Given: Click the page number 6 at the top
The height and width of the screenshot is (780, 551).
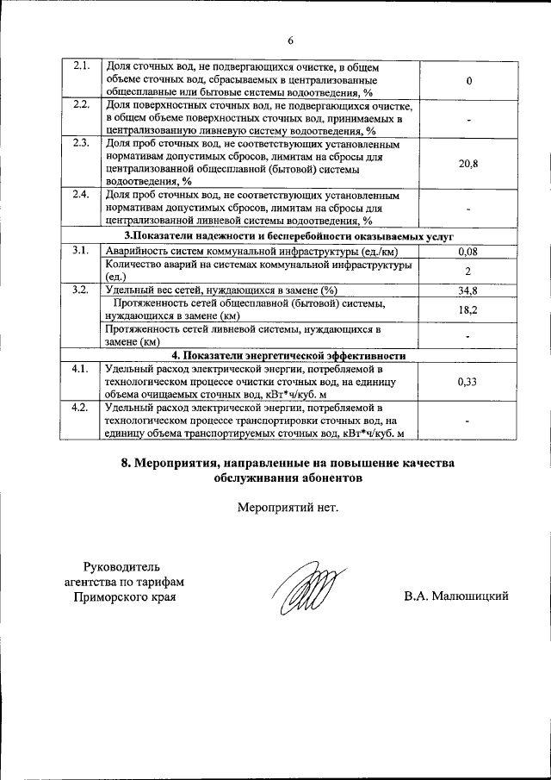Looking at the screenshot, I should (x=290, y=41).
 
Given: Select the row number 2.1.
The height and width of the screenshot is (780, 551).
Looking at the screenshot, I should (x=82, y=66).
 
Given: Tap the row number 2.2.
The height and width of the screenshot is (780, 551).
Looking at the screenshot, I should (x=82, y=105).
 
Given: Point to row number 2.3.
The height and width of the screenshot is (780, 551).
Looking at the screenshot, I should (x=82, y=143).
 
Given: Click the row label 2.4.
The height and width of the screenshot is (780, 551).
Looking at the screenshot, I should (x=82, y=194).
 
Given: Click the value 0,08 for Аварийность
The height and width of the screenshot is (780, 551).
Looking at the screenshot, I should (x=468, y=251).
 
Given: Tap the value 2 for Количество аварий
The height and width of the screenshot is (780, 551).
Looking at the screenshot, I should (x=468, y=271).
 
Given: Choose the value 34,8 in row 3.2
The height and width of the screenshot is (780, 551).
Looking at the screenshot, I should (x=468, y=290).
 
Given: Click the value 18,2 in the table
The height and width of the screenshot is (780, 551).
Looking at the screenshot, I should (x=468, y=309).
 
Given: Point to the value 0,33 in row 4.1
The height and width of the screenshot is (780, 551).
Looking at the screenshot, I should (x=468, y=380).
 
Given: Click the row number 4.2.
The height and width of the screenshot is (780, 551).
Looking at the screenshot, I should (x=82, y=407).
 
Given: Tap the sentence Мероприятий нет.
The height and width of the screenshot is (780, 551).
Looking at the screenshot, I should (x=288, y=506).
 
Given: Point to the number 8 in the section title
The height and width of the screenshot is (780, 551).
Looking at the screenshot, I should (x=126, y=464).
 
